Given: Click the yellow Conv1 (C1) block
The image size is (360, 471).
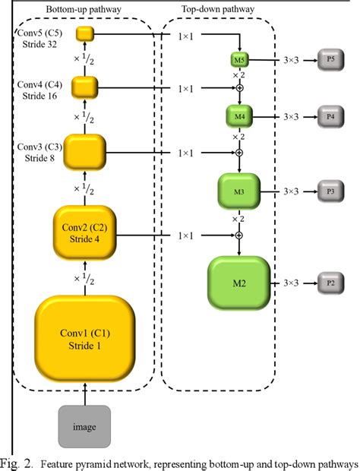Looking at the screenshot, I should [85, 340].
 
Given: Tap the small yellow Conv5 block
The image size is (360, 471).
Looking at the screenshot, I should [84, 33].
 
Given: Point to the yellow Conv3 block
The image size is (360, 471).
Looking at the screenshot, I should [85, 152].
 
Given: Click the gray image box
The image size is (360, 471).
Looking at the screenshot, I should [85, 426].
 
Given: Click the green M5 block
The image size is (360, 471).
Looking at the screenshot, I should [239, 58].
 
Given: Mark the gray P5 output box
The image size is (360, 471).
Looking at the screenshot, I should [330, 58].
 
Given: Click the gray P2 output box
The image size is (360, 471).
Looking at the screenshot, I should [330, 283].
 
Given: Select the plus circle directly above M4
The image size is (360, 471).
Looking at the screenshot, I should [239, 88].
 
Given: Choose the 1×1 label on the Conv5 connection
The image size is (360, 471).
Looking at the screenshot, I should [185, 34].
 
